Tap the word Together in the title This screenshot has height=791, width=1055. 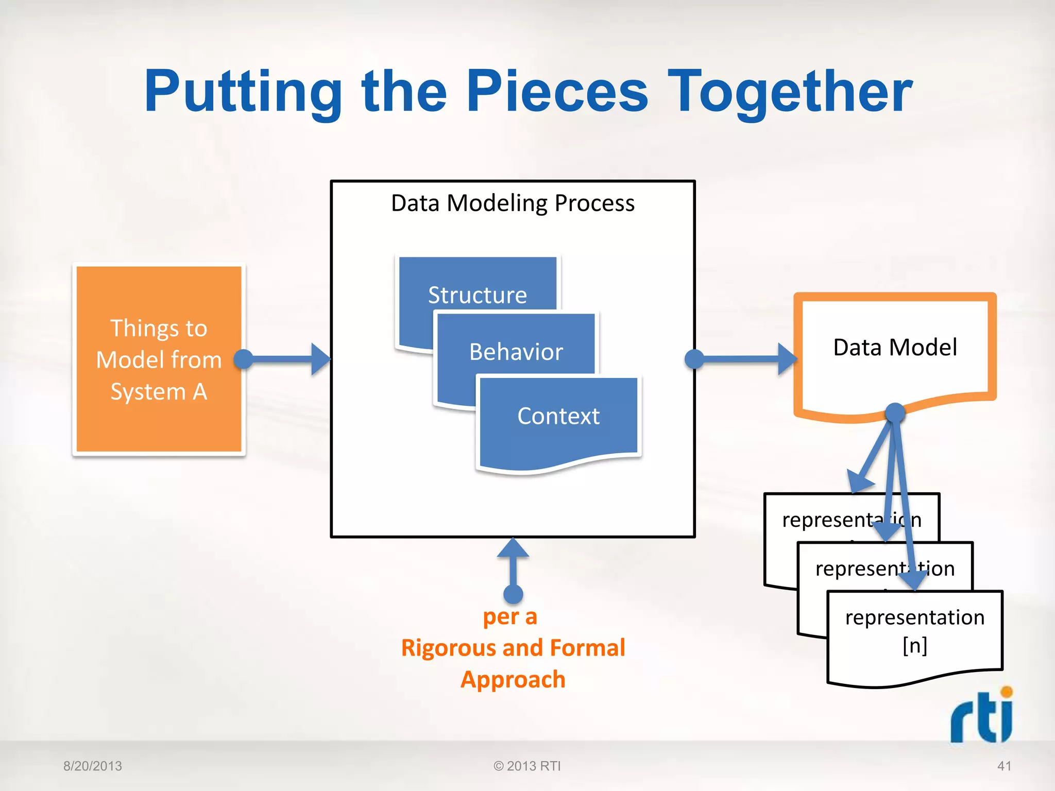pos(789,93)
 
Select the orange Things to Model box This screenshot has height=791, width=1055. pos(159,359)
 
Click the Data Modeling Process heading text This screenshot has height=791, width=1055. pos(513,203)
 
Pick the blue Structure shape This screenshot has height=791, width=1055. pos(477,288)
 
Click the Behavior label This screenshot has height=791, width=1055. pos(516,352)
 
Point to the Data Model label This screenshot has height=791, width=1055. pos(895,347)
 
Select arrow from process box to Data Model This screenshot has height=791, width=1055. pos(744,359)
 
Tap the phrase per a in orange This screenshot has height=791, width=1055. pos(510,616)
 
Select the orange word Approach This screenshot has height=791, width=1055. pos(513,679)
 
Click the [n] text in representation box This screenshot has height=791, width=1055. pos(915,645)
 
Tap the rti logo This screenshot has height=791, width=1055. pos(982,716)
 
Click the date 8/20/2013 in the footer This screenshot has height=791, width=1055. pos(93,766)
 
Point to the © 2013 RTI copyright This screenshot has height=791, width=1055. pos(527,766)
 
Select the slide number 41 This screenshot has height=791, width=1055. pos(1004,766)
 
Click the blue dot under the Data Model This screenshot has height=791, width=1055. pos(895,412)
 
